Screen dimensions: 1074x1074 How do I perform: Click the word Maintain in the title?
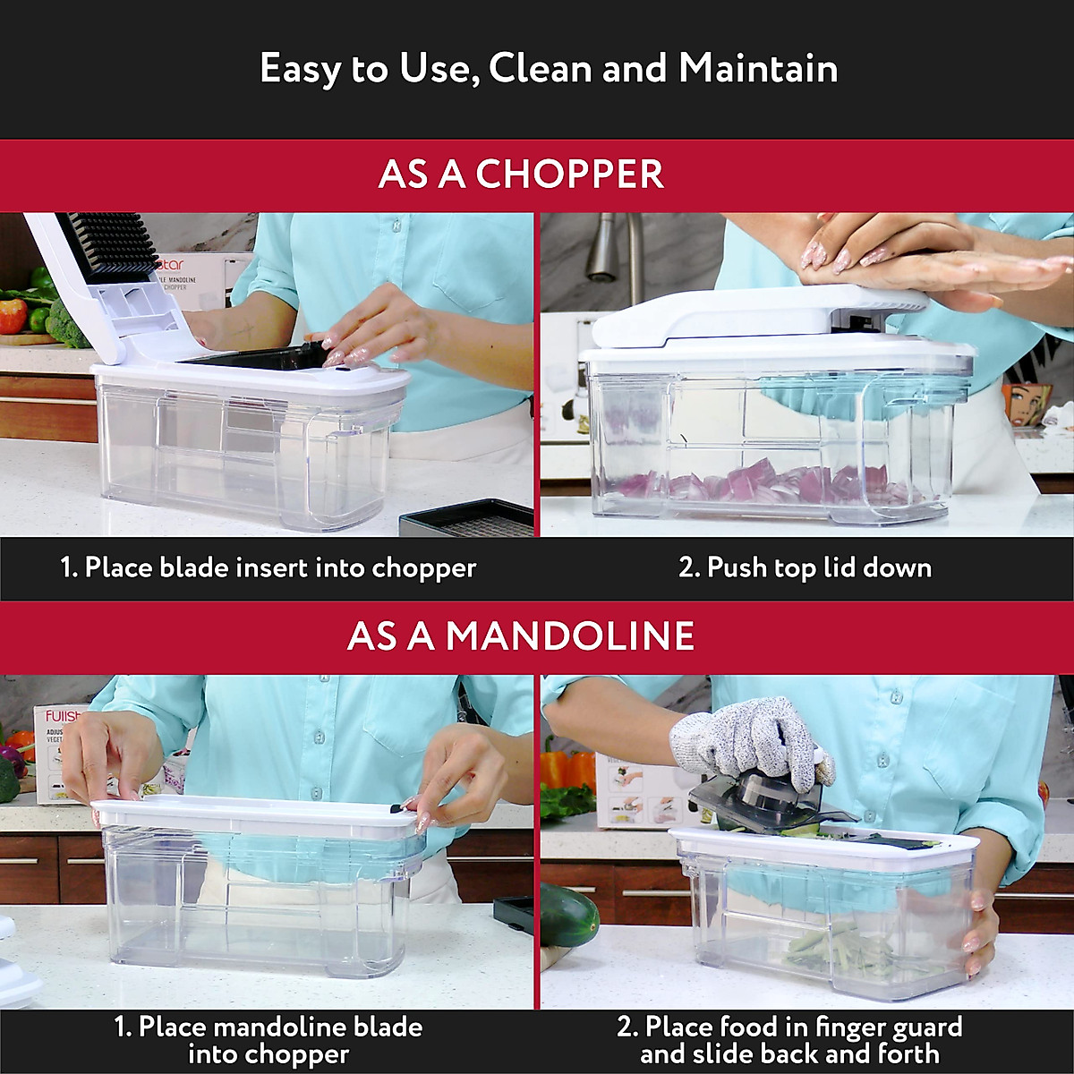[758, 69]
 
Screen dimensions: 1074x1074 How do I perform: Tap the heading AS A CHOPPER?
[521, 175]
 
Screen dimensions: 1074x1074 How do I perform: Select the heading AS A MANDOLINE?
[521, 636]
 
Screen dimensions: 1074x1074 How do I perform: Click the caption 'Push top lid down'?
[805, 567]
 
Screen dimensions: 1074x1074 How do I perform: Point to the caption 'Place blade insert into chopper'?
[268, 567]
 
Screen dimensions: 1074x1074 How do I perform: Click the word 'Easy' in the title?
[301, 69]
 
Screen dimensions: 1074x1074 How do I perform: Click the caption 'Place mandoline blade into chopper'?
[268, 1040]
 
